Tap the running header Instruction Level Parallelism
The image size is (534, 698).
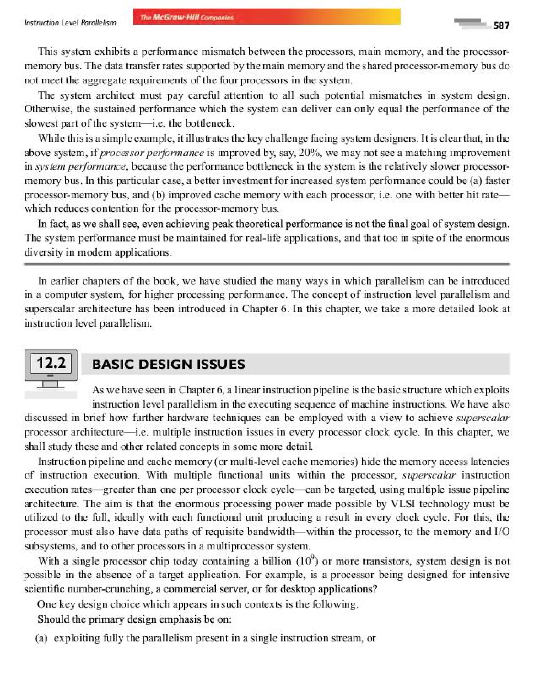70,23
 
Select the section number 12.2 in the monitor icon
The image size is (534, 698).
51,363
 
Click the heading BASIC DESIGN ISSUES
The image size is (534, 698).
168,364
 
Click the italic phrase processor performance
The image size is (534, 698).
152,153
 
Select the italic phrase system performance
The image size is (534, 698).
80,167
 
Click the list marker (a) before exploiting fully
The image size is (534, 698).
42,638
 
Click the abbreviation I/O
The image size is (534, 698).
502,532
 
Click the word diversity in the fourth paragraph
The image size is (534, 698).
43,252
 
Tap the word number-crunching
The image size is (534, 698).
110,589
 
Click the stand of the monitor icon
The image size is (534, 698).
51,384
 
